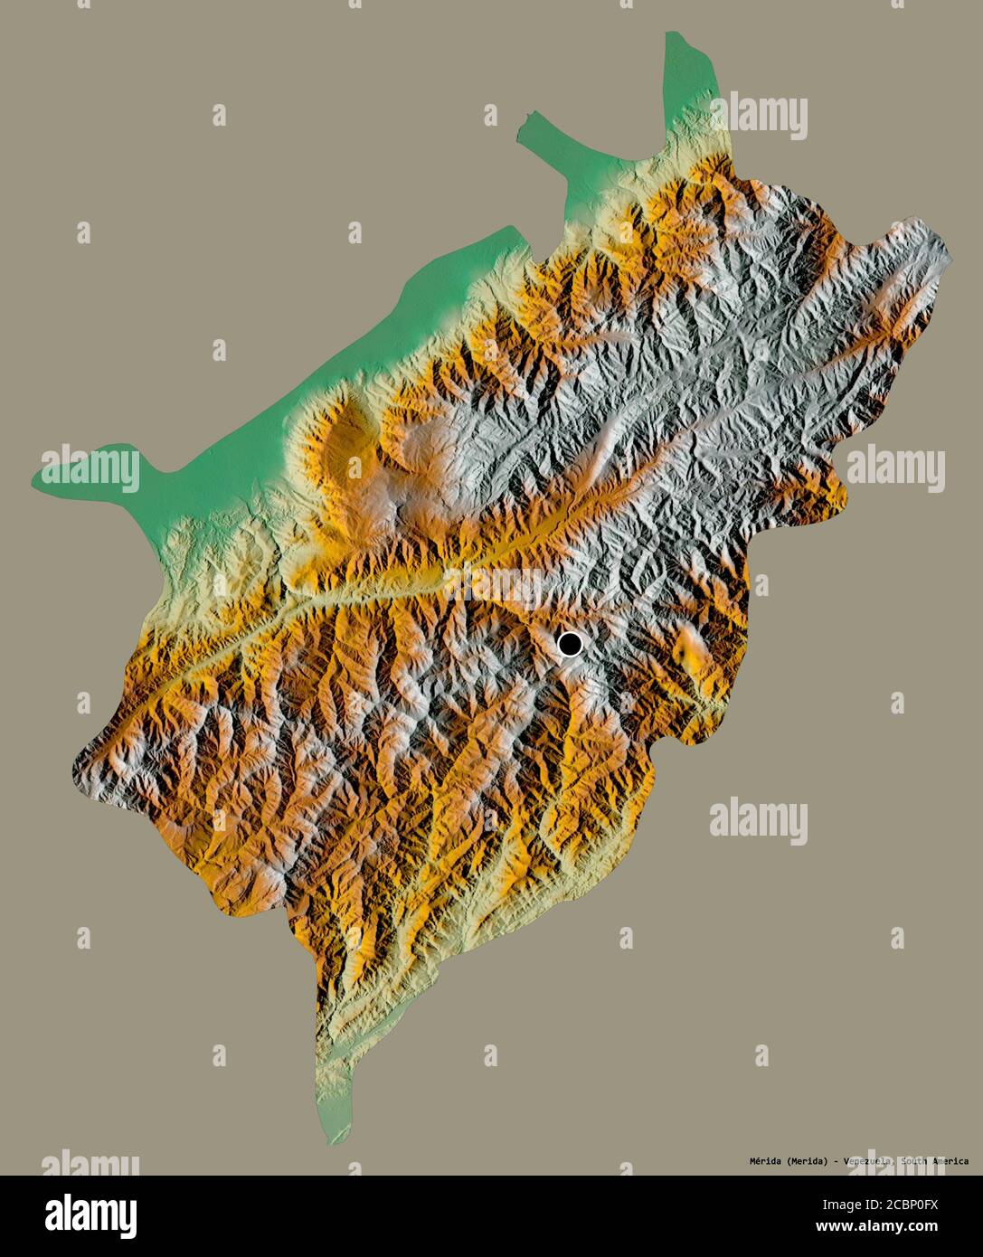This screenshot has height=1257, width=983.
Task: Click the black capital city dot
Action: pyautogui.click(x=570, y=644)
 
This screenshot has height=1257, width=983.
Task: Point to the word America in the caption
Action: pyautogui.click(x=946, y=1161)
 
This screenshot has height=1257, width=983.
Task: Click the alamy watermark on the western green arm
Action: pyautogui.click(x=90, y=468)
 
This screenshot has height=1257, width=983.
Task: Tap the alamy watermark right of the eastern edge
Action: pyautogui.click(x=895, y=468)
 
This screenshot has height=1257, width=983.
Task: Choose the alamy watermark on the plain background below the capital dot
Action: pyautogui.click(x=758, y=821)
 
